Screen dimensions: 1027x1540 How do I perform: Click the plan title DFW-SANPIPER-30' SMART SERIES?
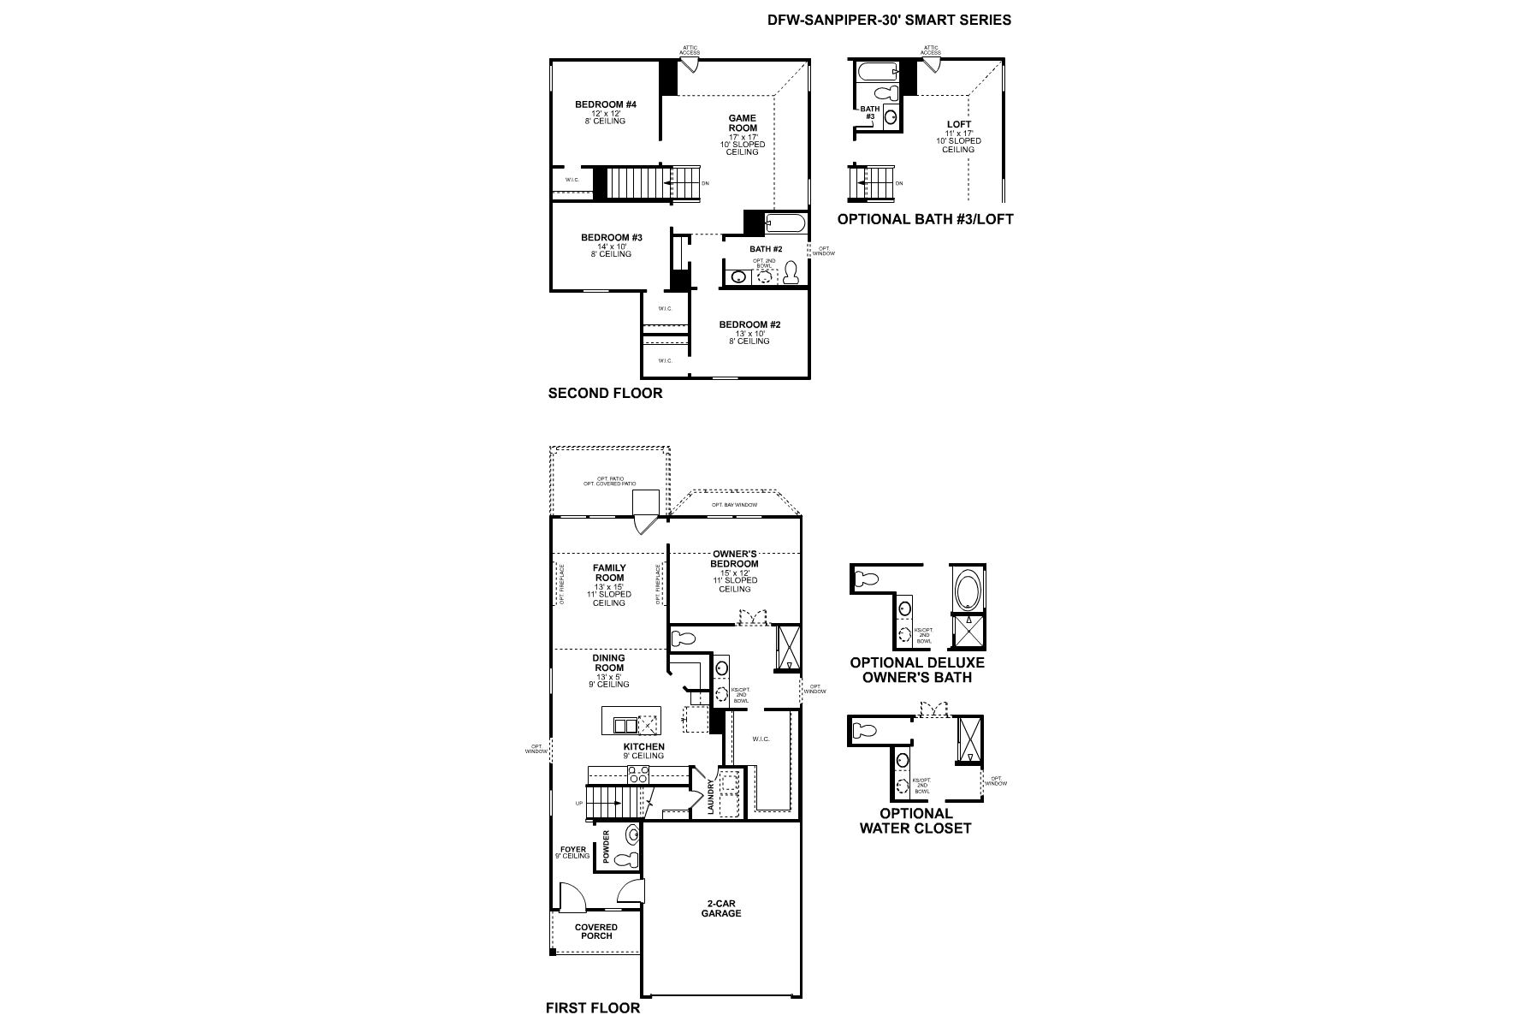tap(889, 20)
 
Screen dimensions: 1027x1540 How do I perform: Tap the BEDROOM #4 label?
tap(606, 104)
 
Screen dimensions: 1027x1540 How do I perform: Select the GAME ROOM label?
tap(742, 123)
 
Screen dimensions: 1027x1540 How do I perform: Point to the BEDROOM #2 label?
tap(749, 324)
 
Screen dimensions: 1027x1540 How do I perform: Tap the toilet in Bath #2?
tap(791, 272)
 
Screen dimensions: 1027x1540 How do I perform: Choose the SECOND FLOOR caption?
tap(605, 394)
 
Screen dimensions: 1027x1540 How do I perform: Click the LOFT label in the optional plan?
tap(959, 125)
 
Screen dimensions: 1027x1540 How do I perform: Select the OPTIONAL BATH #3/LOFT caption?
tap(925, 219)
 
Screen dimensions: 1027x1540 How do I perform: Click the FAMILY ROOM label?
tap(609, 573)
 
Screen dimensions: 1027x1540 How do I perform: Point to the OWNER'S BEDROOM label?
tap(734, 559)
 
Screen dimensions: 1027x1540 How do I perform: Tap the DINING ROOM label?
tap(609, 663)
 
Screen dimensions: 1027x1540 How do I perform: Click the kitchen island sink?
tap(625, 726)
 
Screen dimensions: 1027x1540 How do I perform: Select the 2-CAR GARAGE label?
tap(723, 909)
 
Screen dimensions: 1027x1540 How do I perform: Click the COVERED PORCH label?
tap(596, 931)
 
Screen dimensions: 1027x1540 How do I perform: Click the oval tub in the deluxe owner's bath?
tap(968, 590)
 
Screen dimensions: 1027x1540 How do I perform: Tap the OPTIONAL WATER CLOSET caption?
tap(915, 821)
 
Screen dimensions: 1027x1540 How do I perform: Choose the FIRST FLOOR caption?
tap(592, 1007)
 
